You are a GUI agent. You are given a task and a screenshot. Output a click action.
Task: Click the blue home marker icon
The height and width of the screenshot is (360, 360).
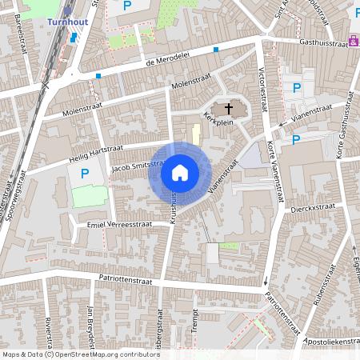click(x=180, y=173)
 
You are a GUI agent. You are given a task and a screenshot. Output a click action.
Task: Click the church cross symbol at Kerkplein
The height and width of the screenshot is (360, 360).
click(x=228, y=107)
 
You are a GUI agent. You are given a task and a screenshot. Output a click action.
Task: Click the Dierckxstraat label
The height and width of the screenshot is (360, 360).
click(x=313, y=206)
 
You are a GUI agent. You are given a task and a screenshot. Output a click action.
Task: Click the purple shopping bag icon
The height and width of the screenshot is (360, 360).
click(x=353, y=42)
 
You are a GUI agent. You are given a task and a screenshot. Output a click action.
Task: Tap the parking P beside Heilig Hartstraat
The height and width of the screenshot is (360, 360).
click(x=83, y=174)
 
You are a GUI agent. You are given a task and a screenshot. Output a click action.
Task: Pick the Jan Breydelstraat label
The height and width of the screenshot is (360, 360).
click(x=94, y=325)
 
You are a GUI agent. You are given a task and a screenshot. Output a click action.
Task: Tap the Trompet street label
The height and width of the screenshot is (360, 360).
click(x=194, y=326)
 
